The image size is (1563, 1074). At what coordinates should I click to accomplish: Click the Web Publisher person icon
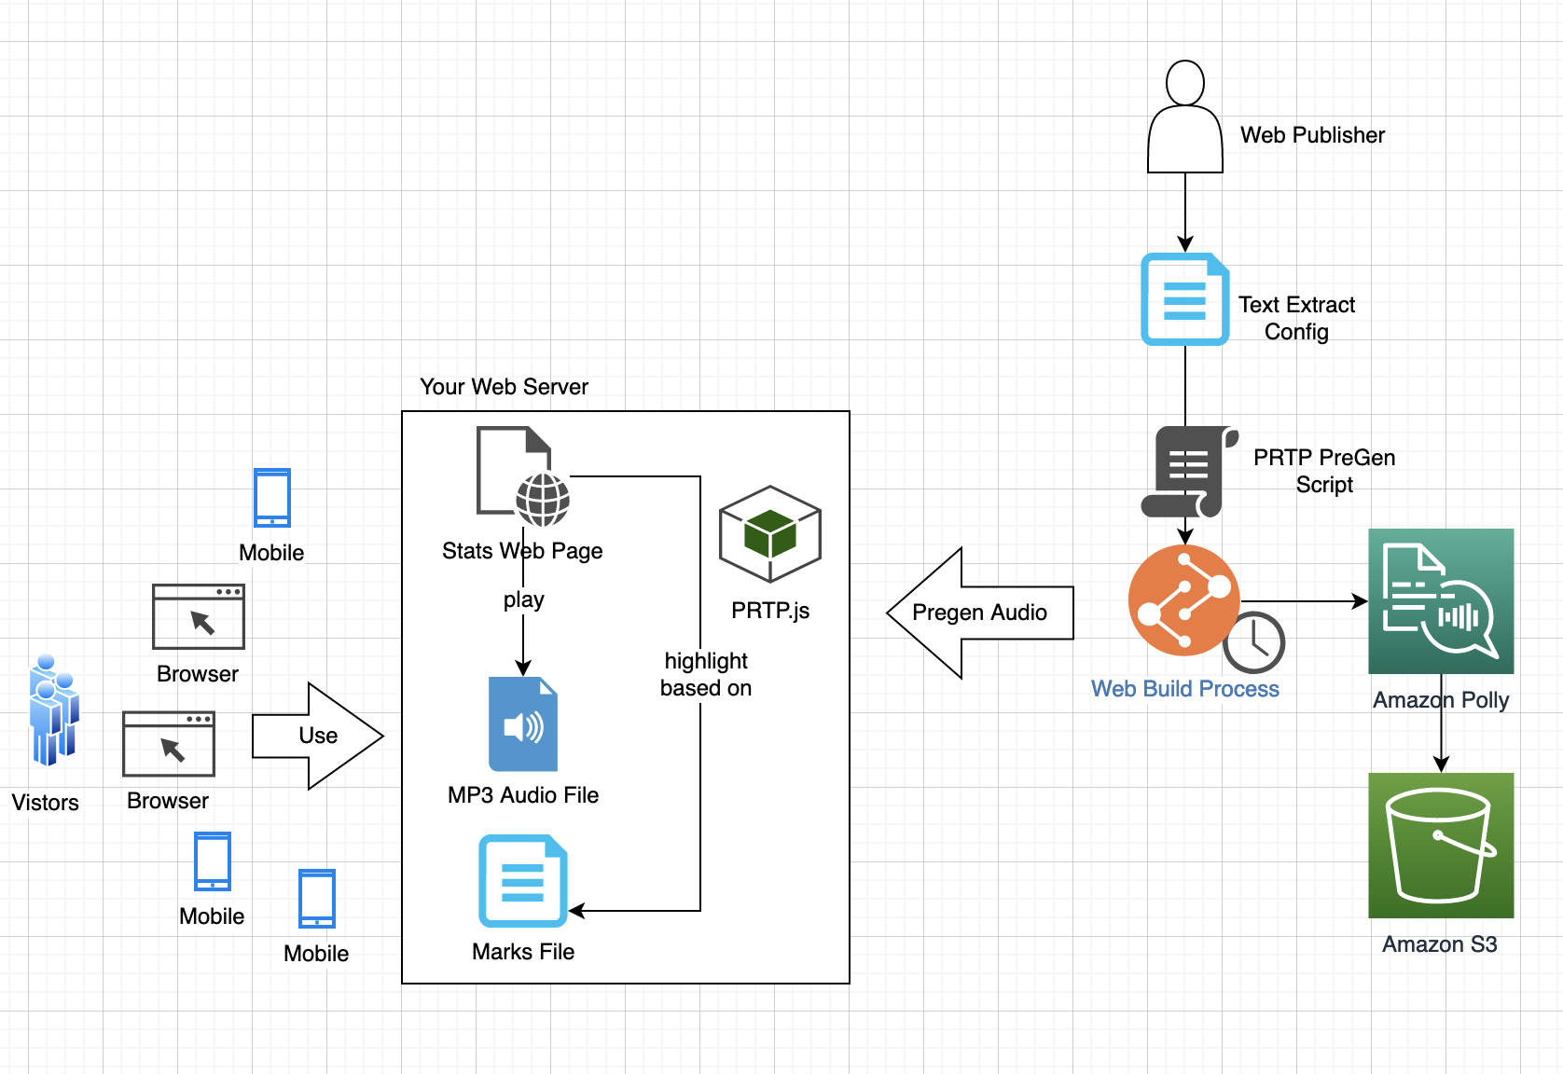pos(1184,117)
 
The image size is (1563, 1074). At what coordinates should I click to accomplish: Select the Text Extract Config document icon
pos(1184,299)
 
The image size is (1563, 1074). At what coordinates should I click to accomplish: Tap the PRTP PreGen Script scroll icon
pos(1189,472)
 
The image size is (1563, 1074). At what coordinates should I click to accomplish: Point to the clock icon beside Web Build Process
pos(1254,642)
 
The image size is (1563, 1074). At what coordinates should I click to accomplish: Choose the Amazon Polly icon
pos(1441,601)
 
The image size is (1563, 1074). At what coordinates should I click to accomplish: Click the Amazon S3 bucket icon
pos(1441,846)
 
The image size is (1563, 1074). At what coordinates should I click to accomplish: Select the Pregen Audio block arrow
pos(978,613)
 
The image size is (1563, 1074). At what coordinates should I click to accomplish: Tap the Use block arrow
pos(317,736)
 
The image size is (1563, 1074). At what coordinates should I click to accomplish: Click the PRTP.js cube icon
pos(770,534)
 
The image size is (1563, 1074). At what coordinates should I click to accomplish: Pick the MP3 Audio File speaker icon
pos(523,724)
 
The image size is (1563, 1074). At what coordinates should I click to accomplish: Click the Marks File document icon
pos(523,881)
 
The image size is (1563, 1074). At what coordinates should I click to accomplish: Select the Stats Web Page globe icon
pos(543,499)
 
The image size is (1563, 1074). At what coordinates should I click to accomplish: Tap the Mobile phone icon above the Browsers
pos(272,498)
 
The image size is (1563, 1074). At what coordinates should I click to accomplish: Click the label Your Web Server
pos(504,387)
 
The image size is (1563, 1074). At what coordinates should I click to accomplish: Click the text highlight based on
pos(706,674)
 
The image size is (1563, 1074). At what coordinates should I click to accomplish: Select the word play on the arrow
pos(523,599)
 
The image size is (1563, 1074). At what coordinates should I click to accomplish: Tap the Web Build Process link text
pos(1184,689)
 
